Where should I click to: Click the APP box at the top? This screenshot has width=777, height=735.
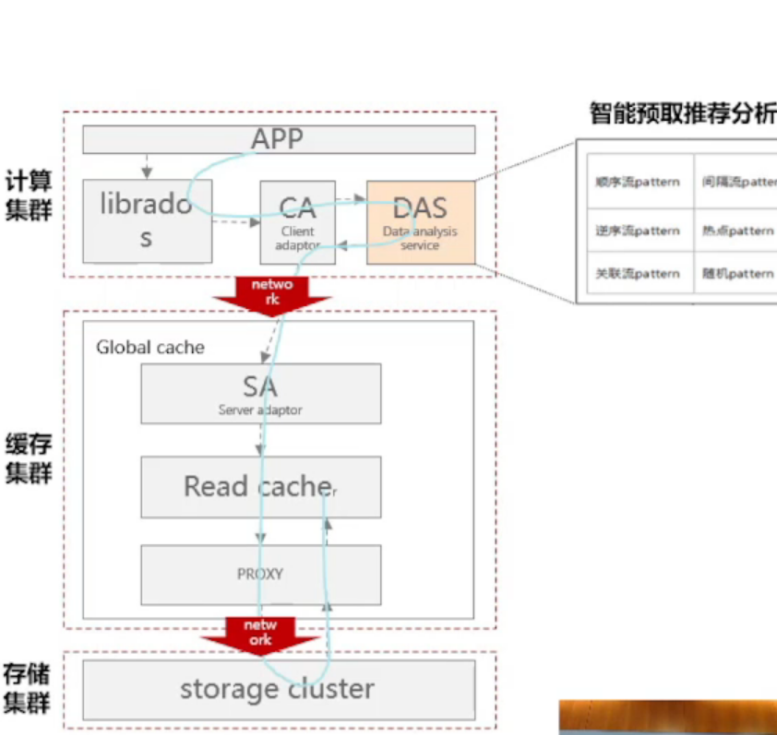coord(279,139)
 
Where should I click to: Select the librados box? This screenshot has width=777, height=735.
coord(148,220)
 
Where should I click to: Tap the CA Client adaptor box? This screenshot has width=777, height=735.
coord(296,221)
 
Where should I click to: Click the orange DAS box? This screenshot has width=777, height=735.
coord(421,221)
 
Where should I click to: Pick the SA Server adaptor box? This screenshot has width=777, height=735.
coord(260,394)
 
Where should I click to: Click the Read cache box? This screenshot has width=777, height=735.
coord(260,487)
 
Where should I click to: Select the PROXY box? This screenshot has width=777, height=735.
coord(260,574)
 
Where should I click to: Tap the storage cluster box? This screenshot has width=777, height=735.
coord(278,689)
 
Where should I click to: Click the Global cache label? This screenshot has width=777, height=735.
coord(150,348)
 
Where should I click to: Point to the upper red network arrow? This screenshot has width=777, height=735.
coord(271,293)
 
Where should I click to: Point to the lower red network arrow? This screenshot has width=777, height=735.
coord(258,634)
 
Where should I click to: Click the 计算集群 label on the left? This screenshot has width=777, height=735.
coord(28,196)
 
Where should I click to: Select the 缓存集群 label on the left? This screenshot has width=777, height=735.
coord(28,458)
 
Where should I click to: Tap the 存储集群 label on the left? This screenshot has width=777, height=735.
coord(28,687)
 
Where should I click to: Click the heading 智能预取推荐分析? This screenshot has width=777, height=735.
coord(682,114)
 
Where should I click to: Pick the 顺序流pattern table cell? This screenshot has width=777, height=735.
coord(638,182)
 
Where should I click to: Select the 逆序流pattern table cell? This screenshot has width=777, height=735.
coord(638,231)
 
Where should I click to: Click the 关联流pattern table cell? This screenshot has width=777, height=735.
coord(638,274)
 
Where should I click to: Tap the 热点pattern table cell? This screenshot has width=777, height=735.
coord(736,231)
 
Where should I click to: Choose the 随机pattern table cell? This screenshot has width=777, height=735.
coord(736,274)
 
